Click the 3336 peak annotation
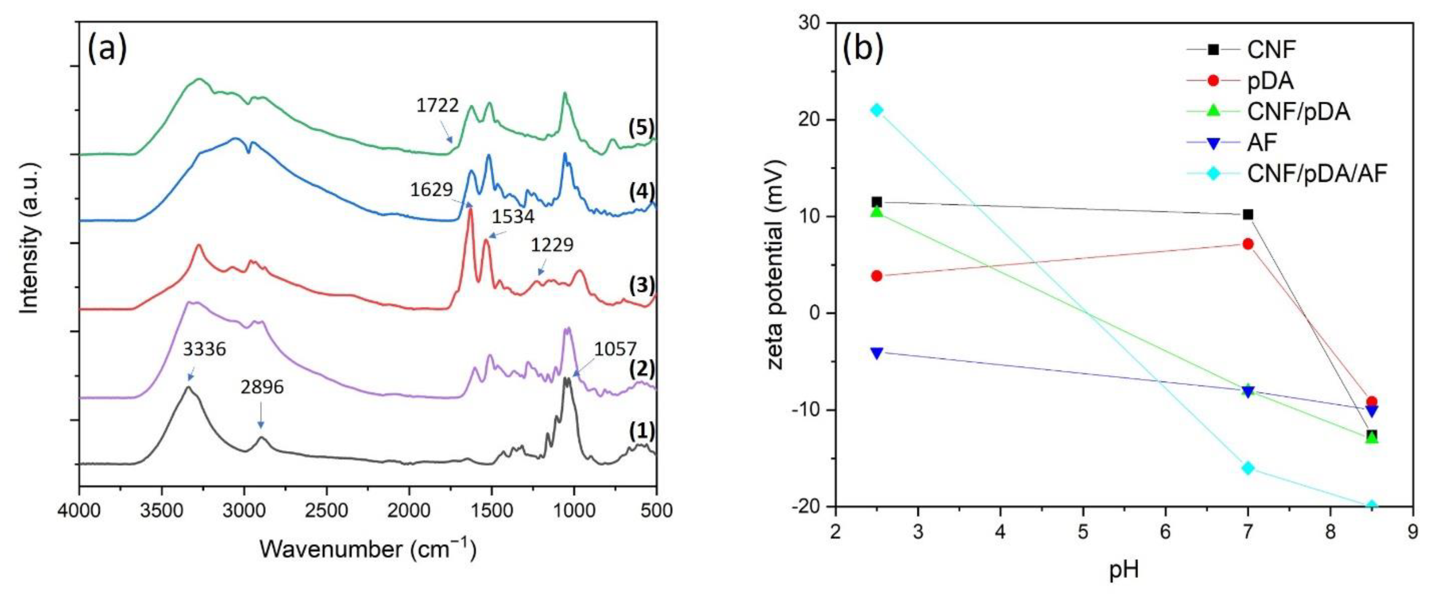[204, 350]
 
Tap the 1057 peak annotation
[615, 350]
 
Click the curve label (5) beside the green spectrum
[641, 128]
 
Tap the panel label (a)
[107, 49]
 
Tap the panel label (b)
[862, 49]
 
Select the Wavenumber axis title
[367, 549]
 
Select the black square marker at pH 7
[1248, 215]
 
